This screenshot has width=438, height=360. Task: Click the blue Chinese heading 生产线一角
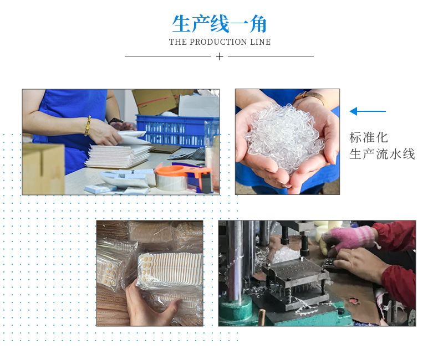pos(220,24)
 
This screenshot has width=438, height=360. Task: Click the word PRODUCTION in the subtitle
pos(218,42)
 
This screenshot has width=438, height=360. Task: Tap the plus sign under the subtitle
pos(220,56)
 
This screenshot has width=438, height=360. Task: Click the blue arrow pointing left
pos(368,111)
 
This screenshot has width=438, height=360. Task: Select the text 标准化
pos(369,137)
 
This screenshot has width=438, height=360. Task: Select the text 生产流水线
pos(382,154)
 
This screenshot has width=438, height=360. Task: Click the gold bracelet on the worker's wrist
pos(88,126)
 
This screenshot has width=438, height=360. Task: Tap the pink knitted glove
pos(349,239)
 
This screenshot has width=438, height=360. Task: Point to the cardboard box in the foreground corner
pos(43,168)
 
